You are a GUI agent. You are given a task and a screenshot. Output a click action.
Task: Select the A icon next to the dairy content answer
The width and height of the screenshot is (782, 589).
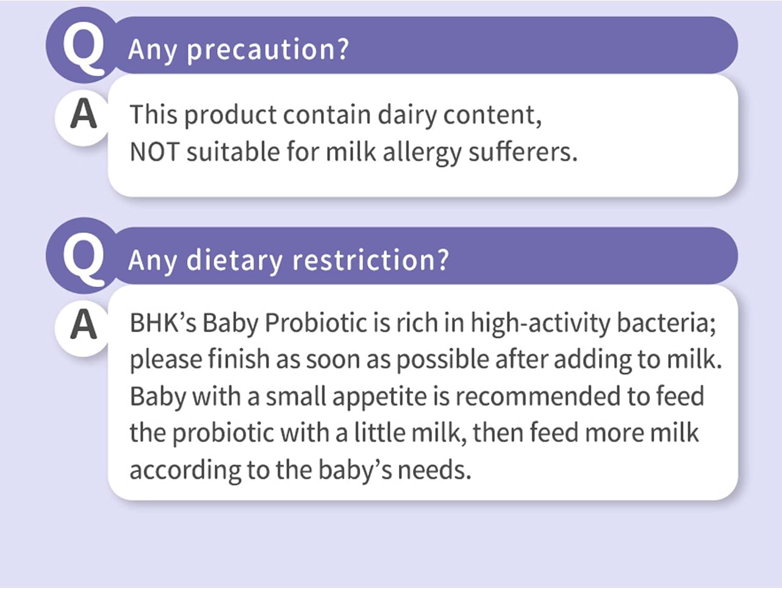83,114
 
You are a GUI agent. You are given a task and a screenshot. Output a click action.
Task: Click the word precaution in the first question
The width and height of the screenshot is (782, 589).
267,50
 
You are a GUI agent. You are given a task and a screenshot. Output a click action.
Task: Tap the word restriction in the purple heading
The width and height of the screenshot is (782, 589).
370,260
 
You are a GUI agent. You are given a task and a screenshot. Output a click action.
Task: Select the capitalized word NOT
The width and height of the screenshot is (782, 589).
154,152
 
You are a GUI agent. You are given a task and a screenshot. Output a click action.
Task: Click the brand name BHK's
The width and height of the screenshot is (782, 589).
163,323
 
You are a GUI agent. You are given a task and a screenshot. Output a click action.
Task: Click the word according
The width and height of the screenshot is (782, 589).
185,470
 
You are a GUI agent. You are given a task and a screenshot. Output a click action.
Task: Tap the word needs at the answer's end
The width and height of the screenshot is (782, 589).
434,470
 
